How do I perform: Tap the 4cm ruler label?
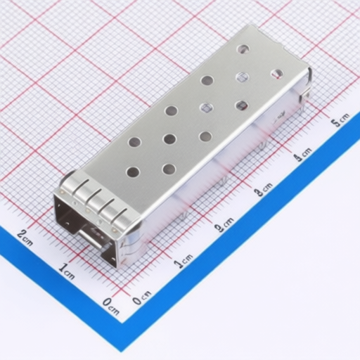(303, 154)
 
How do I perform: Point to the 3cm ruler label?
(264, 188)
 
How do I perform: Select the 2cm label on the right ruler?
(224, 224)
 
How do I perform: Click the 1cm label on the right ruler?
(184, 260)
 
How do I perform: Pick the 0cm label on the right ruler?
(141, 297)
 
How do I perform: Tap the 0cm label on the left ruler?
(111, 306)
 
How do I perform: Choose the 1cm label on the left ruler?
(67, 272)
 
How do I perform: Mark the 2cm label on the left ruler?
(25, 237)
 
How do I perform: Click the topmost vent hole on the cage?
(243, 49)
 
